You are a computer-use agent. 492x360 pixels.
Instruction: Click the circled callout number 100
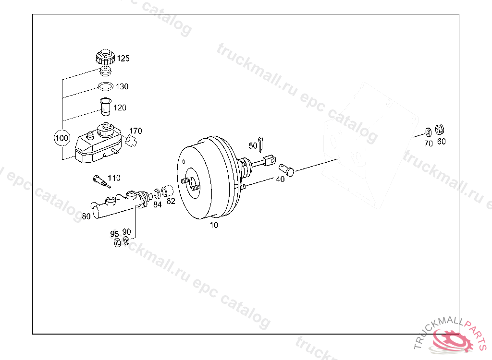point(61,138)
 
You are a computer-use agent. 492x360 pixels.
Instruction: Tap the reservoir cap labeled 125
point(105,57)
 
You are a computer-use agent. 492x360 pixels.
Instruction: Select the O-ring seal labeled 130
point(105,86)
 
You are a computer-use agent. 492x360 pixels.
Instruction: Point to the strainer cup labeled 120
point(106,107)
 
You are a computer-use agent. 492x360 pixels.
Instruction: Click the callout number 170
point(135,131)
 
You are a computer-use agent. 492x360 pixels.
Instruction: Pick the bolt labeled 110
point(102,182)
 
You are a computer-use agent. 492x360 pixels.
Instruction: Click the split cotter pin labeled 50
point(261,144)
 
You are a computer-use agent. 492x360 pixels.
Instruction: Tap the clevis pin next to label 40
point(286,169)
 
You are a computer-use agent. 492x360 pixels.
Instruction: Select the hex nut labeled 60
point(439,130)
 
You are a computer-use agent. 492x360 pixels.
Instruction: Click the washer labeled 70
point(428,132)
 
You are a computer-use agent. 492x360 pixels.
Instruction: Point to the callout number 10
point(214,225)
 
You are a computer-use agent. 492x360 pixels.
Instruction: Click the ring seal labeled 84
point(157,194)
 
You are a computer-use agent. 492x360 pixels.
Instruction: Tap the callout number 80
point(86,216)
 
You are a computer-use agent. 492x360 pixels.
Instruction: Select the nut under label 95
point(117,243)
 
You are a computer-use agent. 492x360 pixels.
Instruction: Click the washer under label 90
point(126,241)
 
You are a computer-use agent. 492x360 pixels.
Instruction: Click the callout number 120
point(120,108)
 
